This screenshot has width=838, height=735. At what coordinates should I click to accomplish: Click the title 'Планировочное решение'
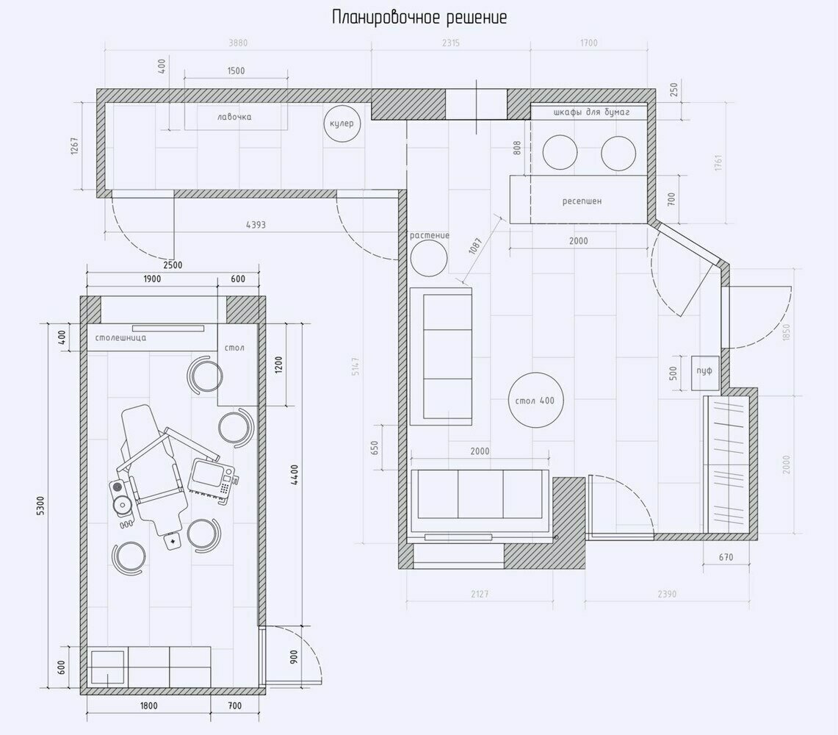(x=419, y=18)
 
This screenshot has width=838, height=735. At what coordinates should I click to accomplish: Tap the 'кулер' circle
(x=342, y=123)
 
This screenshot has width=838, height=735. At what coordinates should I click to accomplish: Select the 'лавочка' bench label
(x=234, y=117)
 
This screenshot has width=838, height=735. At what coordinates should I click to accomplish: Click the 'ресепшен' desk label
(x=582, y=201)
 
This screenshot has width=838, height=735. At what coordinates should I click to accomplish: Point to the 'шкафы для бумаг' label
(x=592, y=112)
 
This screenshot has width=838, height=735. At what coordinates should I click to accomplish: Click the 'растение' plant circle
(x=429, y=259)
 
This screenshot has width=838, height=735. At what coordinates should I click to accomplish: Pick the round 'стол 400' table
(x=535, y=400)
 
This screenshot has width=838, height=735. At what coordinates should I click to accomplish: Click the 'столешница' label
(x=120, y=338)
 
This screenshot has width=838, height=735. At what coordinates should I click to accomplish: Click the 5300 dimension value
(x=41, y=506)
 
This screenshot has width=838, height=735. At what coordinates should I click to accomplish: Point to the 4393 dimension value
(x=256, y=225)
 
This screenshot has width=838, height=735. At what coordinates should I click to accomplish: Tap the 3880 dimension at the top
(x=239, y=43)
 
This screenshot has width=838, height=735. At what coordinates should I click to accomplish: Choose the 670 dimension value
(x=726, y=557)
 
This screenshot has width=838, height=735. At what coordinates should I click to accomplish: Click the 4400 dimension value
(x=295, y=475)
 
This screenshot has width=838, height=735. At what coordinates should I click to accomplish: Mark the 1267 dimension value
(x=75, y=146)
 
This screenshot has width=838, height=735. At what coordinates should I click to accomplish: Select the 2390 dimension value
(x=667, y=593)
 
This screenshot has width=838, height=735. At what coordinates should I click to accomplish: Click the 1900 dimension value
(x=152, y=278)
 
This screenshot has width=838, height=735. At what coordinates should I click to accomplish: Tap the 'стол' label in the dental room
(x=234, y=348)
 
